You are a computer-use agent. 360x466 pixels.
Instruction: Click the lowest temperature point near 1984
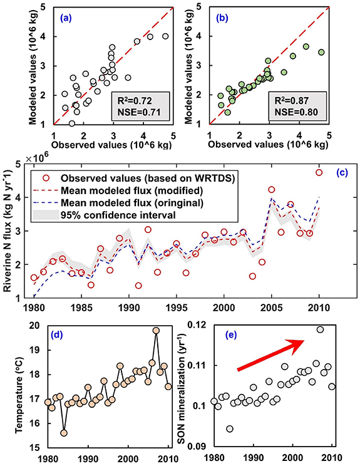click(64, 433)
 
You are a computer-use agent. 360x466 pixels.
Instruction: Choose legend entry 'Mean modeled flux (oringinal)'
click(139, 202)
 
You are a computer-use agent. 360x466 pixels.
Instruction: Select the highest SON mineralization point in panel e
click(320, 329)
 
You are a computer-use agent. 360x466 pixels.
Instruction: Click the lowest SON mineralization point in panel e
click(230, 429)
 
